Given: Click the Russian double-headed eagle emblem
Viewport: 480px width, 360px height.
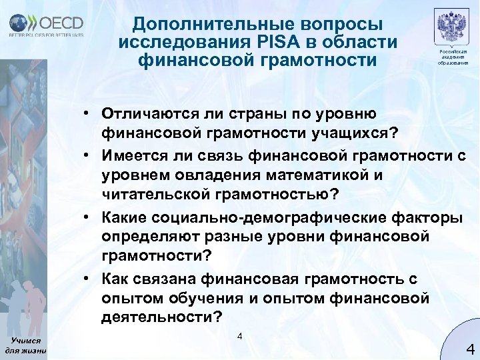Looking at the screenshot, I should point(452,29).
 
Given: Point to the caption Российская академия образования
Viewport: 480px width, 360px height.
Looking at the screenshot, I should point(453,57).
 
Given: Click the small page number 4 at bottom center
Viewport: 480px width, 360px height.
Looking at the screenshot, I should point(240,335).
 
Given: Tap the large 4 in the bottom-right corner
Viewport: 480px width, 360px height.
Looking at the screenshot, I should point(469,347).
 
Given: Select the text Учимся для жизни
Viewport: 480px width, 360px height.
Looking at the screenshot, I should point(25,344).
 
